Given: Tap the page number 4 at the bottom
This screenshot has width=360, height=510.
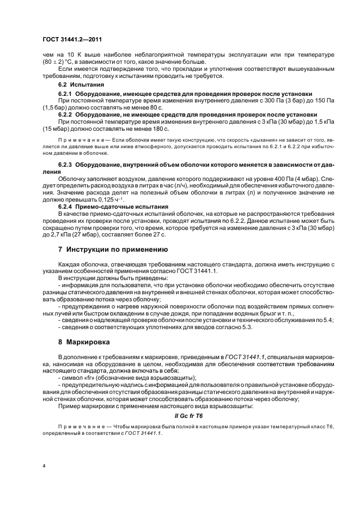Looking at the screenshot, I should pos(44,466).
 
